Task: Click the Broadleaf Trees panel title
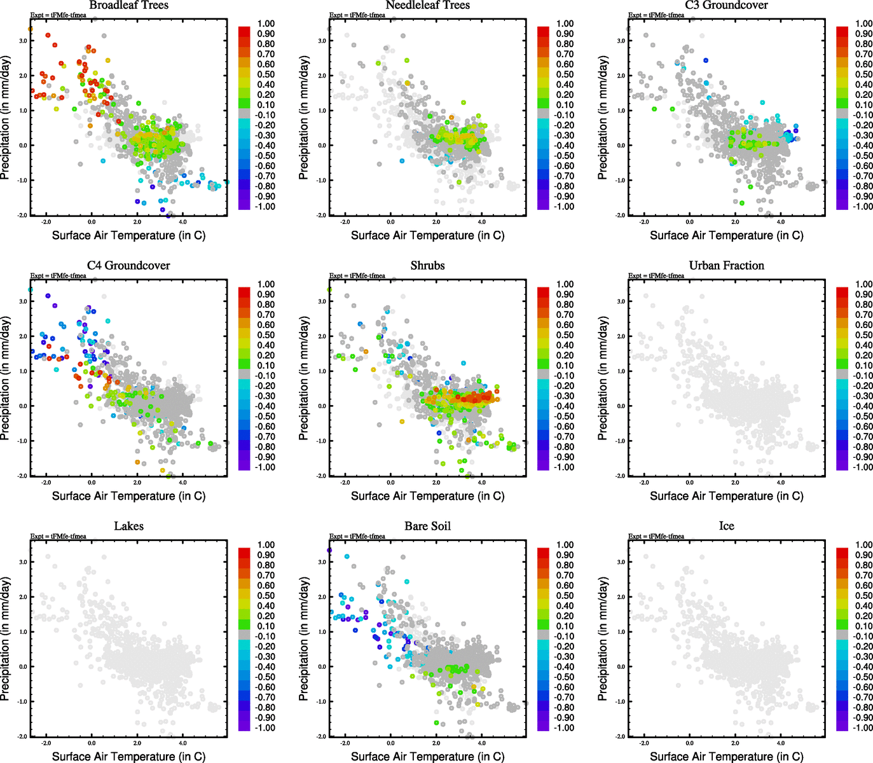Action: coord(128,5)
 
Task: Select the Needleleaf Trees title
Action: coord(427,5)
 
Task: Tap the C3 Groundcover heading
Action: coord(726,5)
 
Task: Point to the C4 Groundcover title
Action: coord(128,266)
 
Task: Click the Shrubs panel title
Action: coord(427,266)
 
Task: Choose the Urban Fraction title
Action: coord(726,266)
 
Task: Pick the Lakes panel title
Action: coord(128,526)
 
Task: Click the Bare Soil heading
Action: coord(427,526)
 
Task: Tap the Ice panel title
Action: coord(726,526)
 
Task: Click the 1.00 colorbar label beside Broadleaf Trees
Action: coord(266,24)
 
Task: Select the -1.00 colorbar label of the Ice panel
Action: coord(863,727)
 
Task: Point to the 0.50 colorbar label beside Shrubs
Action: coord(565,335)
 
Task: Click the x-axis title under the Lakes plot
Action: coord(128,756)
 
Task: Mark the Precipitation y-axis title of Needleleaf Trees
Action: coord(303,118)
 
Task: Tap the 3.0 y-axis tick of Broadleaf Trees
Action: coord(23,41)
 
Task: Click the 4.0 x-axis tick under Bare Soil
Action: coord(482,743)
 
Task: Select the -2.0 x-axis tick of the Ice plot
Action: coord(644,743)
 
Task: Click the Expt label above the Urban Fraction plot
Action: coord(656,276)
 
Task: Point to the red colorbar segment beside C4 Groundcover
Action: coord(244,292)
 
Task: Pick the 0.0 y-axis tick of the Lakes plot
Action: coord(23,667)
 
